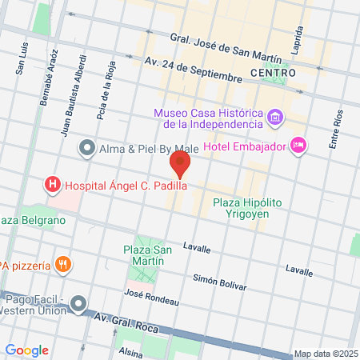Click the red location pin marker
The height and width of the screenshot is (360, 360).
pos(180,166)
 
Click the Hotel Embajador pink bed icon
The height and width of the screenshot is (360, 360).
pos(298,145)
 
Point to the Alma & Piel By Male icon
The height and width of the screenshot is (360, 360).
pos(86,148)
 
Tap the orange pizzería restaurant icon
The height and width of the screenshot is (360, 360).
pos(64,264)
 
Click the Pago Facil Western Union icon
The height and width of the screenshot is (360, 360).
pos(78,304)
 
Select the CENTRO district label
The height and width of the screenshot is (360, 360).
pos(273,73)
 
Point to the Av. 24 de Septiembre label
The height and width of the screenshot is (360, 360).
pos(192,70)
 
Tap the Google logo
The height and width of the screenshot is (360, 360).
pos(27,350)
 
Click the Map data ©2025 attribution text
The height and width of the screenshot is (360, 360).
pos(324,354)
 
